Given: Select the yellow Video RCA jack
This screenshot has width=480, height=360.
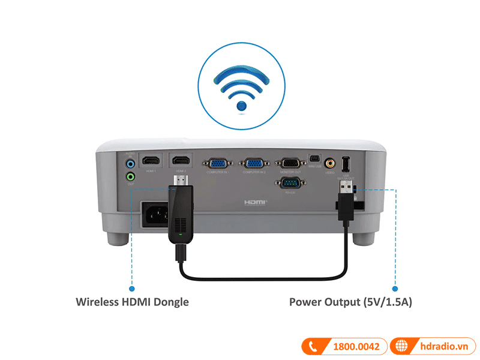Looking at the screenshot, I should coord(330,163).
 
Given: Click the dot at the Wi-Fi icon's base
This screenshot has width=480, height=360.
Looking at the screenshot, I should coord(241,107).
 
